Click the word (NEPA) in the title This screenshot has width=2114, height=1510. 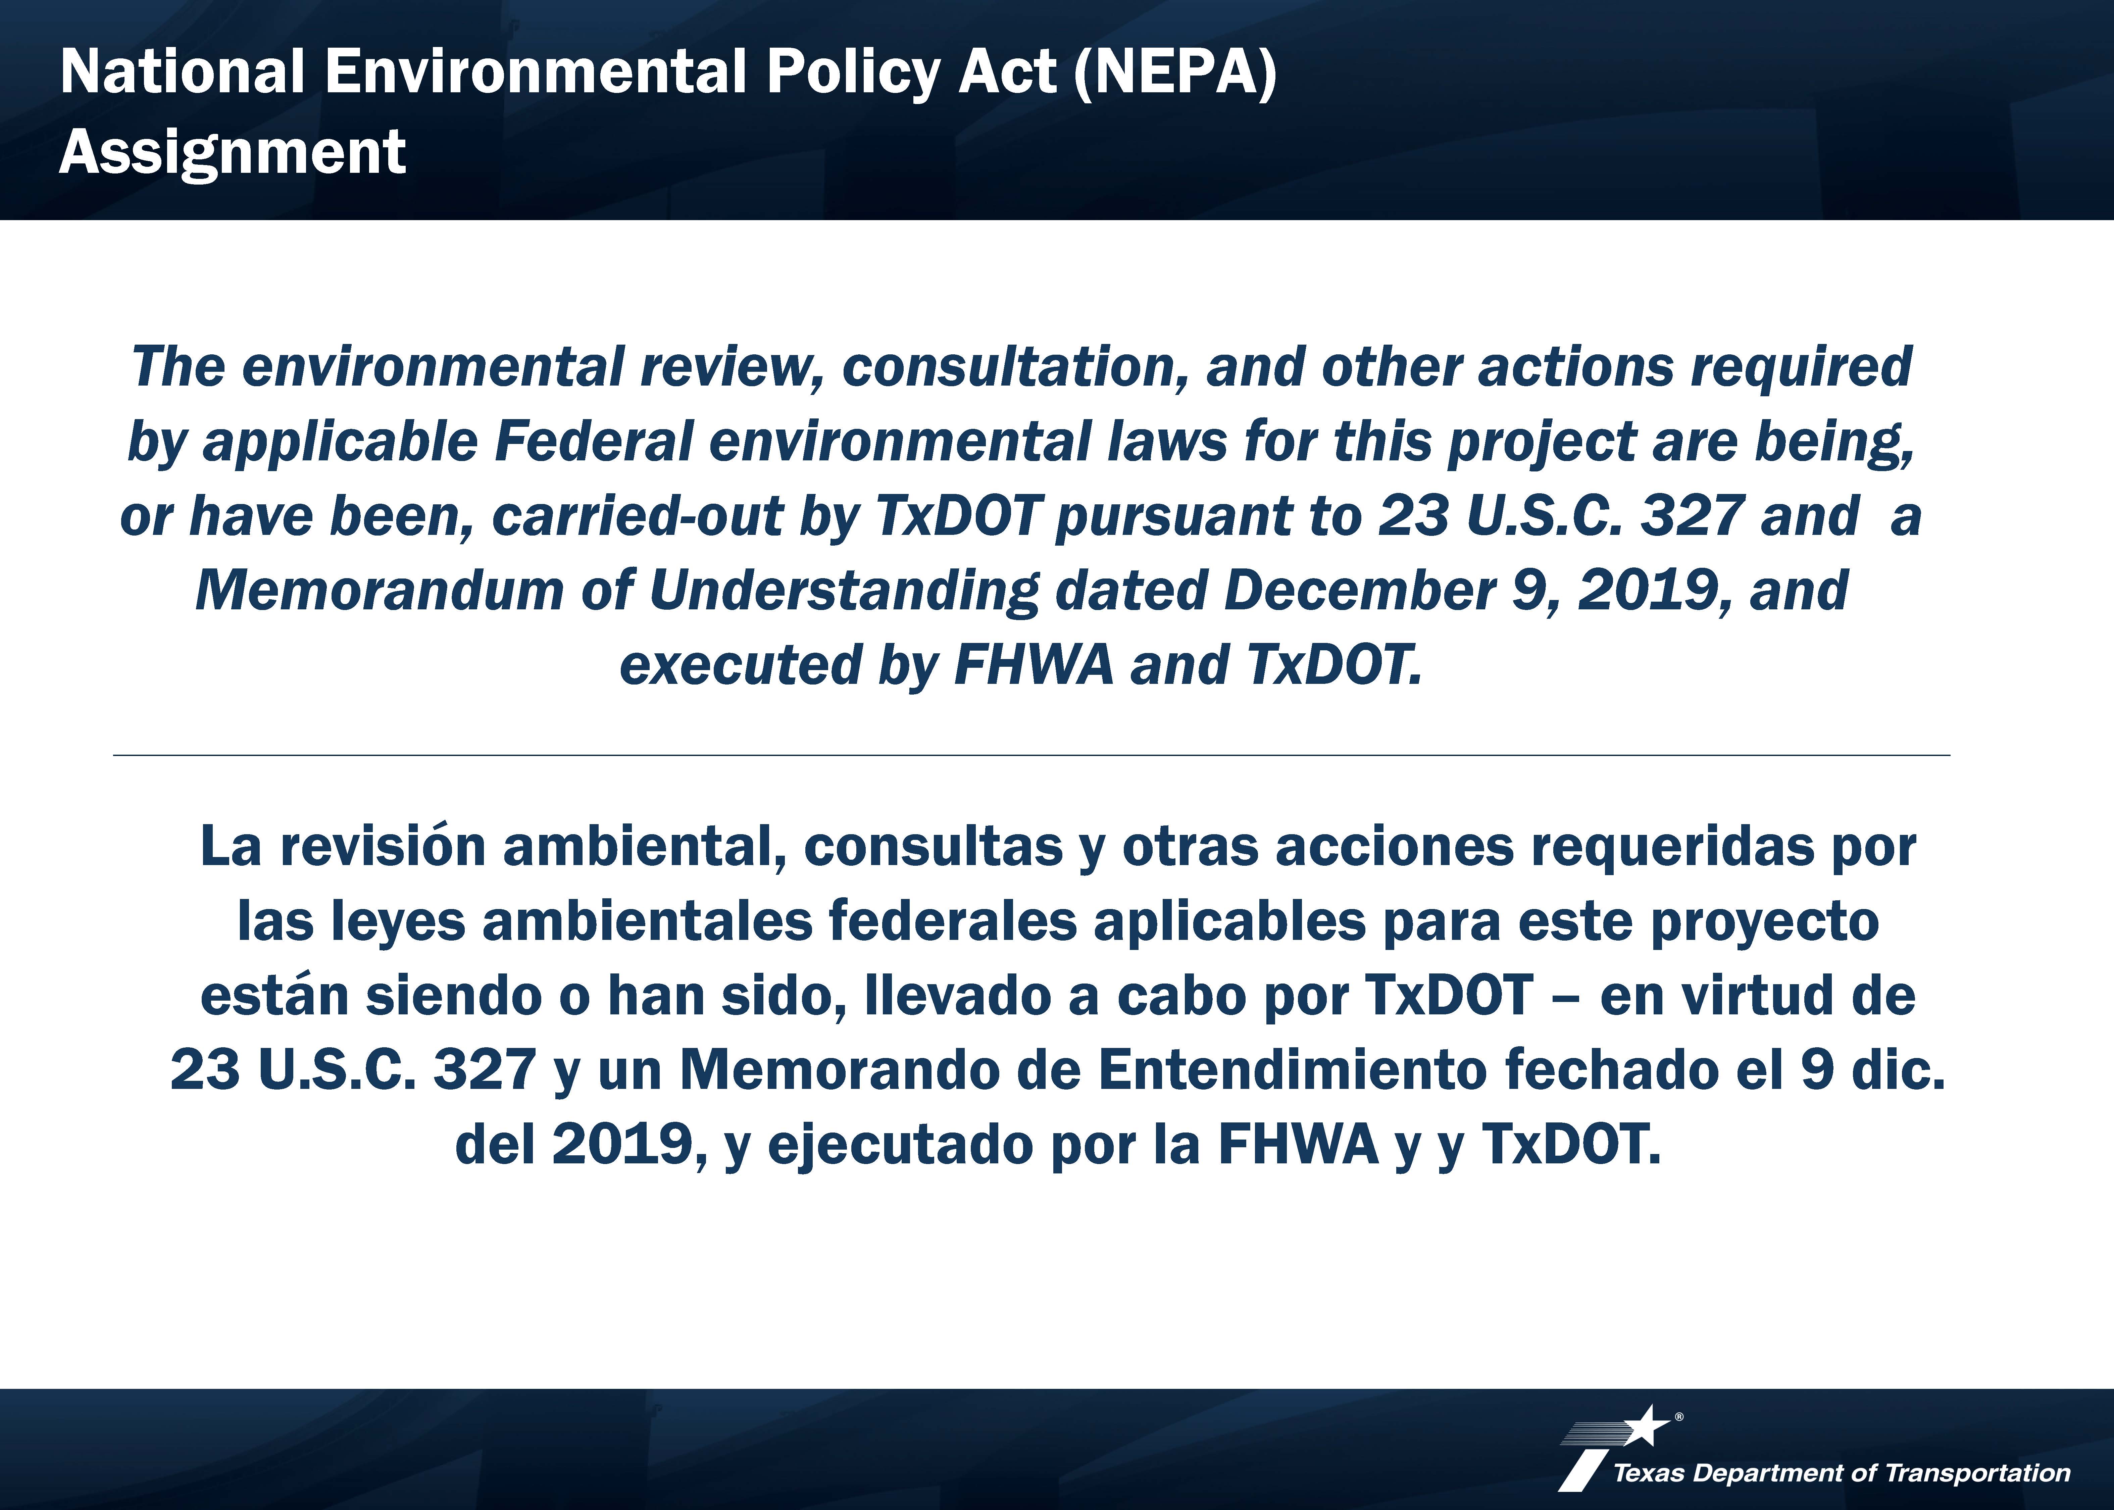tap(1175, 72)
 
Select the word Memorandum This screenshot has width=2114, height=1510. tap(379, 591)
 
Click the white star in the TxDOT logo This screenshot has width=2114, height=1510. tap(1647, 1426)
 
